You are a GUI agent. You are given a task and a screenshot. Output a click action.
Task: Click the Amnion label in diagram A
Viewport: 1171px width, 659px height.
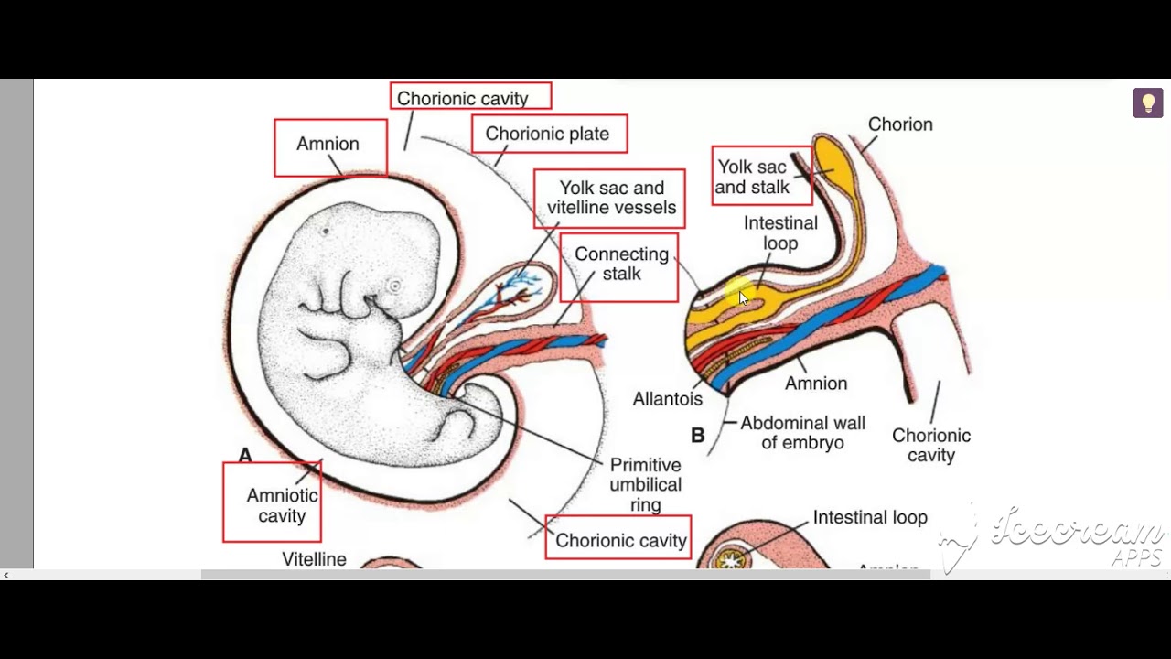coord(328,144)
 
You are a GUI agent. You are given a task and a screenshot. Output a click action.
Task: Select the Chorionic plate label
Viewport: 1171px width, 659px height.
coord(547,134)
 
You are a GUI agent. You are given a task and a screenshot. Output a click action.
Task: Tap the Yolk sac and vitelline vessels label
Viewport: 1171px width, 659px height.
coord(611,198)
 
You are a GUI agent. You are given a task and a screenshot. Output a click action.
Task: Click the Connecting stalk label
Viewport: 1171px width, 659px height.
coord(621,264)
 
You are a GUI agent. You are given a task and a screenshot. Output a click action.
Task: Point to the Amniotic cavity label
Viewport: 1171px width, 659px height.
coord(282,505)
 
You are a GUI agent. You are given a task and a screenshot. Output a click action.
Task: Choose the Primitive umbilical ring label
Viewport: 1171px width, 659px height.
coord(645,485)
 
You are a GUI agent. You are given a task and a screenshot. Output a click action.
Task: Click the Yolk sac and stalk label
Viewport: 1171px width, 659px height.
coord(752,177)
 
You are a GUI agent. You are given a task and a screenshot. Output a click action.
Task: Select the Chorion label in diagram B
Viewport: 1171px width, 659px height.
coord(900,124)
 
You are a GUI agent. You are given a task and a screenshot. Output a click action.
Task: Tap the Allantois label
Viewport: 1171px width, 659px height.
coord(668,399)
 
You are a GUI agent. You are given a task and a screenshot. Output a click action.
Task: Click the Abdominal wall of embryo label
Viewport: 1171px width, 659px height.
coord(802,433)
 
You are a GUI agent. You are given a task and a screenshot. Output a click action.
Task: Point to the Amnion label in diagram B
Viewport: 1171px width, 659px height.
coord(816,384)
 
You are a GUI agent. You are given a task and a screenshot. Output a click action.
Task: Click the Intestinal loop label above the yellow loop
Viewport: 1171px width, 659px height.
coord(780,232)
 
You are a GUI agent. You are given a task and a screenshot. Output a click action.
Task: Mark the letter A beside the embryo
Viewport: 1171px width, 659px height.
coord(245,455)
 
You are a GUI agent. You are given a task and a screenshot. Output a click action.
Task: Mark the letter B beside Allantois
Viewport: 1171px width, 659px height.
coord(698,436)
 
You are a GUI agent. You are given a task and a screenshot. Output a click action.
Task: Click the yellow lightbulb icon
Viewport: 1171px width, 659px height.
coord(1148,103)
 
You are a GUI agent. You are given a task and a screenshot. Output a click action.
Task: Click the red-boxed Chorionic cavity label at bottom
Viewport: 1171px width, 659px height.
coord(620,540)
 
